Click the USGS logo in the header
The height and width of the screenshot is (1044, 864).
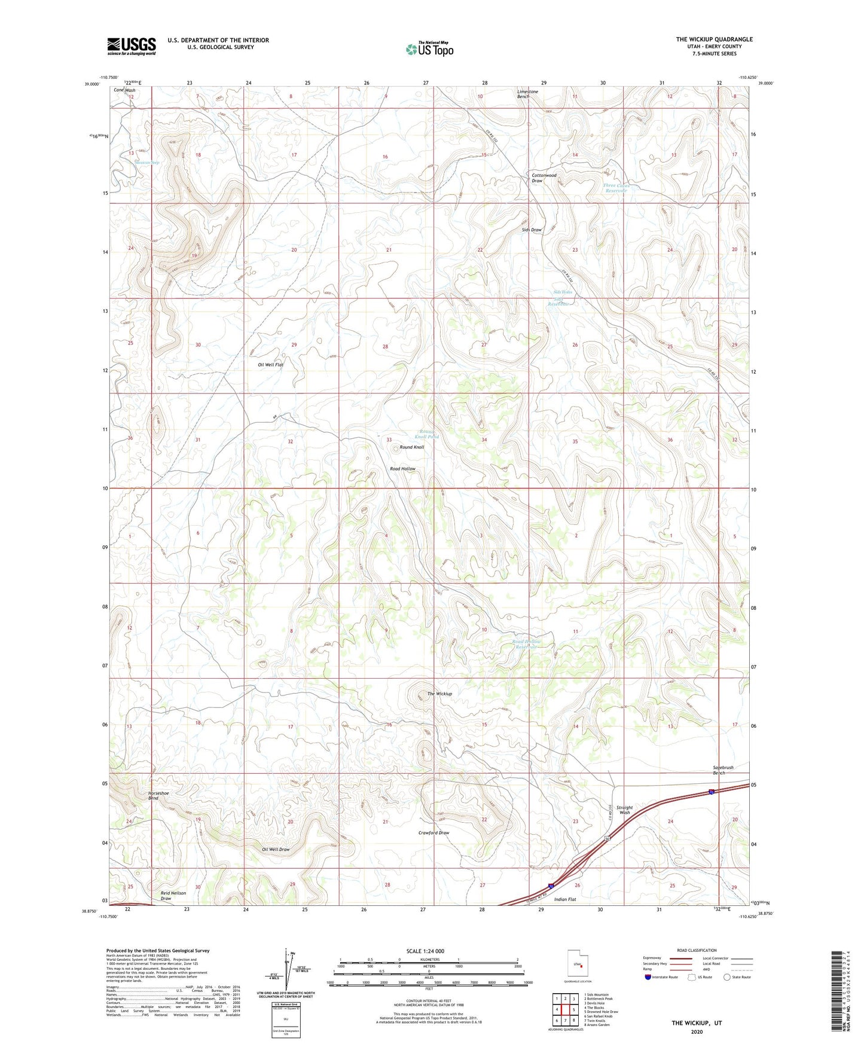(132, 46)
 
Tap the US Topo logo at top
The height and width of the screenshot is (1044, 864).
(429, 48)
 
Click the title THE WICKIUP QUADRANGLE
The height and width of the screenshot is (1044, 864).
(714, 39)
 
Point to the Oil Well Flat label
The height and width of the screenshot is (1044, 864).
(270, 365)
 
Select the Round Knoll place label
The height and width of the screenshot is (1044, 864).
(412, 447)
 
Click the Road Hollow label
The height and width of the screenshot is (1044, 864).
(402, 469)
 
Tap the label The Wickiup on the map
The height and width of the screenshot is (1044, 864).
(439, 694)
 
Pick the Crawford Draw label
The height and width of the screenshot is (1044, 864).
(433, 832)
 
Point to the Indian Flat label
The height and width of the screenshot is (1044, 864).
(565, 899)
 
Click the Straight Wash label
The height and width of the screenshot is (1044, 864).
(624, 810)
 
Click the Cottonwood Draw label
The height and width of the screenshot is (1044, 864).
(544, 178)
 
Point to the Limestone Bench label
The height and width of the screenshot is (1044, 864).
(527, 94)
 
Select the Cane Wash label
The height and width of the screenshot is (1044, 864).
(124, 90)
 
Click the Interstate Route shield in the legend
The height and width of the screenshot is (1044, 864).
(648, 977)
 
